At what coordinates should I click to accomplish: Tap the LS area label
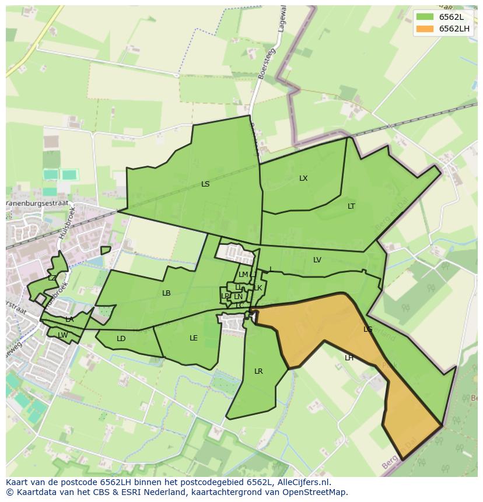205,184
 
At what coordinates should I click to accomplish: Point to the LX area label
303,178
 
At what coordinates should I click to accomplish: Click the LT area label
351,206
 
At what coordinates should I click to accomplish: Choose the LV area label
317,260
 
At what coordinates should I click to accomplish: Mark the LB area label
166,293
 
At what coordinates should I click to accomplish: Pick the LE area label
194,338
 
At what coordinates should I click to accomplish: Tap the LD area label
121,339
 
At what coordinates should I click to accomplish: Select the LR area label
258,371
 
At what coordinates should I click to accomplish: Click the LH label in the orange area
349,358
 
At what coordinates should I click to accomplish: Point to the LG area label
367,329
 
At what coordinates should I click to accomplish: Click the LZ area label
52,278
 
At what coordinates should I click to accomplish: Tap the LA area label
69,320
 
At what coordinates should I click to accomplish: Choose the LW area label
62,335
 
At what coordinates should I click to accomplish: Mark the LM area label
243,275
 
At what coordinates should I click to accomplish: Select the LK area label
258,288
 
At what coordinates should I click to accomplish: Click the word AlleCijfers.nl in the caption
302,482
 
